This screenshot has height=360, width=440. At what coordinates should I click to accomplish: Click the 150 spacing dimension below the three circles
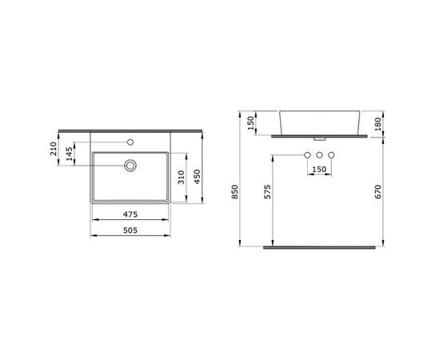click(318, 169)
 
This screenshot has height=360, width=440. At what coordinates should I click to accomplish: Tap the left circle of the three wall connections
click(307, 155)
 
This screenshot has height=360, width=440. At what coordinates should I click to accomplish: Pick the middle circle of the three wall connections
click(318, 155)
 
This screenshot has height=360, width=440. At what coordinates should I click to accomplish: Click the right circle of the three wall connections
click(330, 155)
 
